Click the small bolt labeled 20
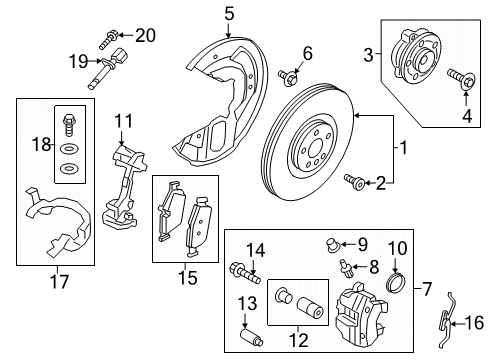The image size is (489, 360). click(109, 39)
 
